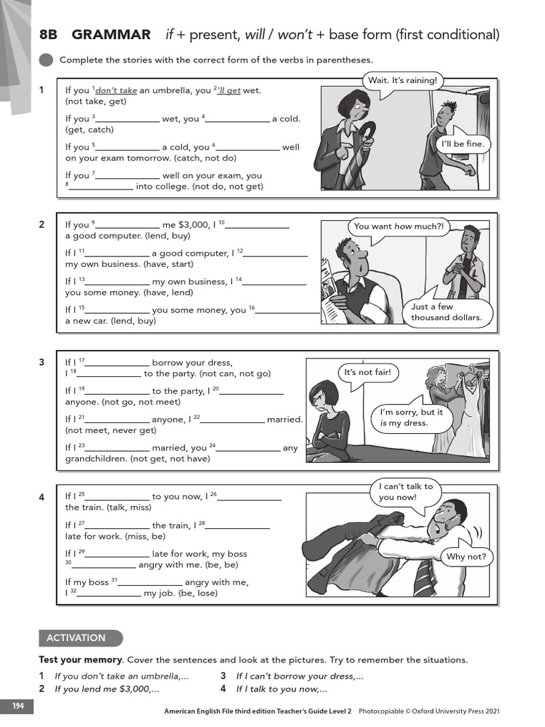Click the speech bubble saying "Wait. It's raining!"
coord(402,80)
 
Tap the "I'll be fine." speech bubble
coord(463,144)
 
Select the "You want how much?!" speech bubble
coord(398,226)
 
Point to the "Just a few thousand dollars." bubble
coord(446,312)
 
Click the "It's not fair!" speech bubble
coord(367,373)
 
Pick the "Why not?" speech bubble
coord(466,557)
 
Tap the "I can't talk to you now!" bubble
coord(405,492)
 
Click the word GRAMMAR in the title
coord(111,35)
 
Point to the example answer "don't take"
coord(116,91)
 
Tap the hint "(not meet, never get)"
coord(111,430)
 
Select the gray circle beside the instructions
coord(46,60)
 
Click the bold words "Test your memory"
coord(80,660)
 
